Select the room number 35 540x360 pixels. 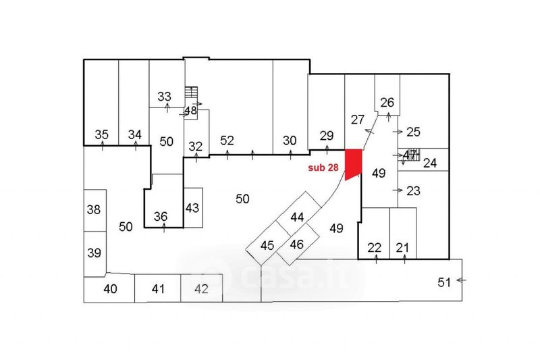(102, 134)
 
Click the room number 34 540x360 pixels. (135, 134)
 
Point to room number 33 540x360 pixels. (164, 96)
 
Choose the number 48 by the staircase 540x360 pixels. (190, 110)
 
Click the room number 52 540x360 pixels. (227, 140)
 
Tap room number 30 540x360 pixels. (290, 140)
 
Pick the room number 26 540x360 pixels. (387, 103)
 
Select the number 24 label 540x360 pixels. (430, 163)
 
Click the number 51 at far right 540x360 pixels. (443, 282)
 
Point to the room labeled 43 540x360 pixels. (192, 207)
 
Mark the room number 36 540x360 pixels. (161, 216)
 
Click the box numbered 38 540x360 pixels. (94, 209)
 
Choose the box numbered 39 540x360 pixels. (94, 253)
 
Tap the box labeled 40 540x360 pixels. (110, 289)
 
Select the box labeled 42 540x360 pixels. (200, 289)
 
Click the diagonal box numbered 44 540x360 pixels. (298, 217)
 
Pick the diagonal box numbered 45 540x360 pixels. (267, 245)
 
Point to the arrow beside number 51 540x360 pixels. (462, 279)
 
